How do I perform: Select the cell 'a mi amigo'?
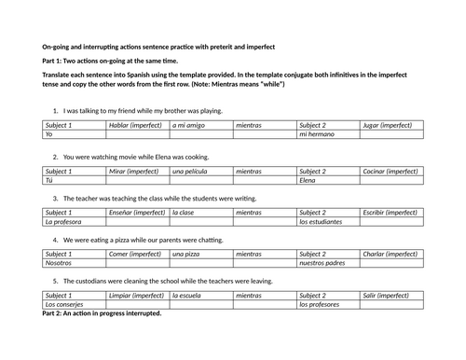[x=199, y=125]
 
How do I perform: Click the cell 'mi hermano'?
[x=327, y=134]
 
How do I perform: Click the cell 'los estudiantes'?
[x=327, y=222]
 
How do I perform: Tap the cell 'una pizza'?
[x=199, y=254]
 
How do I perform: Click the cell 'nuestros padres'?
[x=327, y=263]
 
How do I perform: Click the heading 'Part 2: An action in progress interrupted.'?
[x=103, y=313]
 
